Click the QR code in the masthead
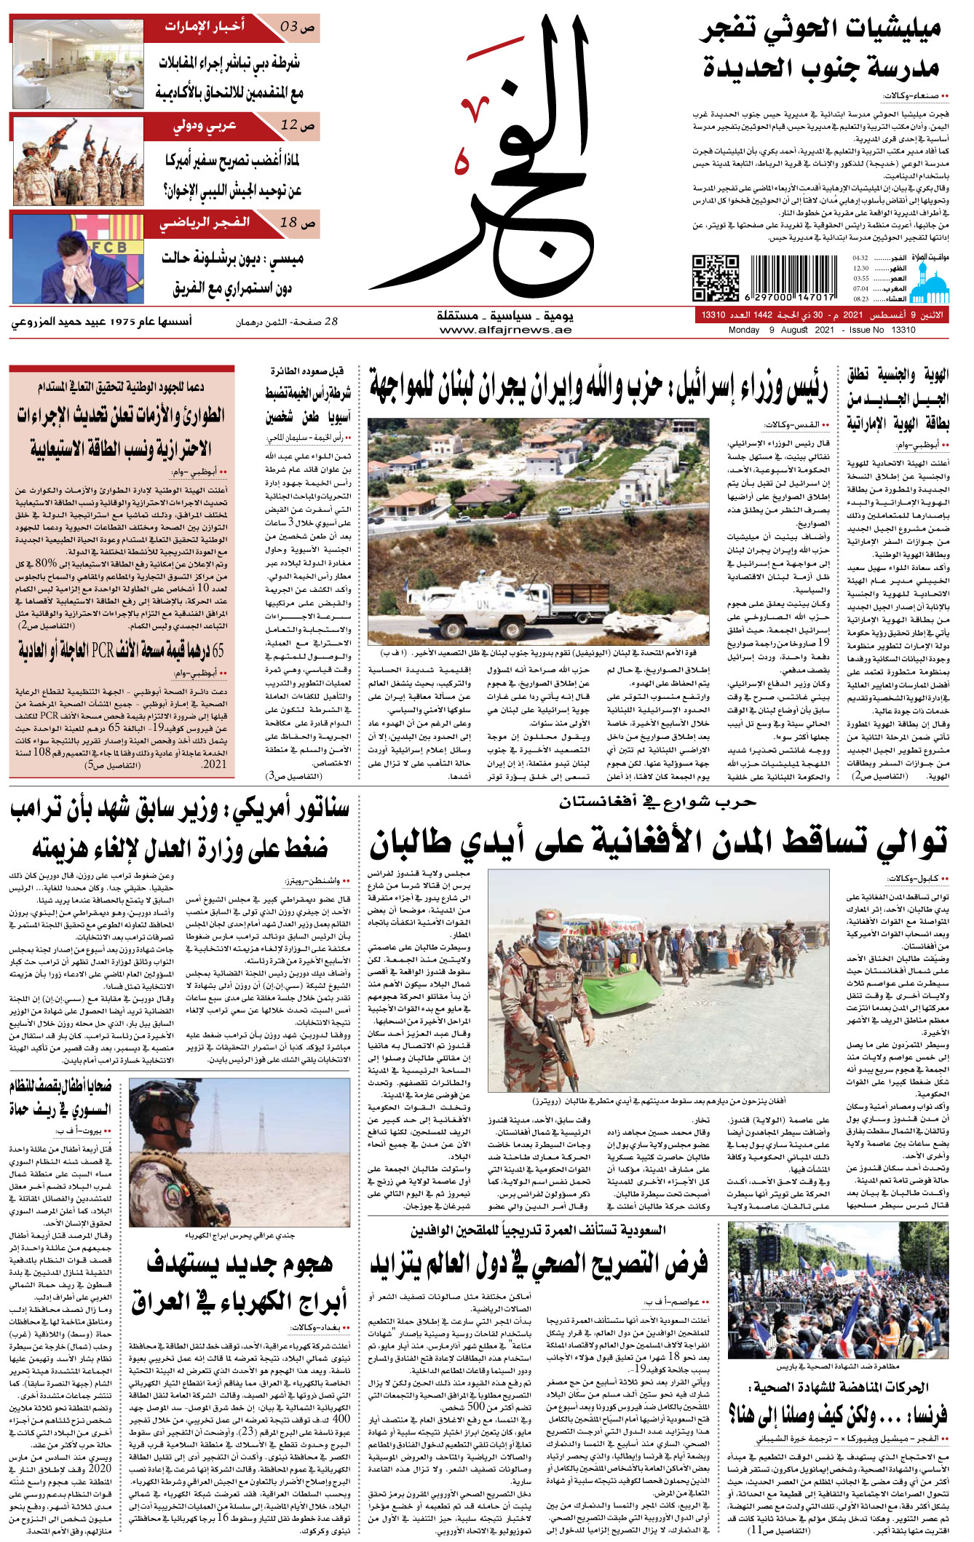pos(715,277)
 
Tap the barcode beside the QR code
pos(791,277)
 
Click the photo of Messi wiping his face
pos(78,258)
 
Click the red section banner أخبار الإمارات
pos(205,28)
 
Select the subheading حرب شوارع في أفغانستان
pos(657,802)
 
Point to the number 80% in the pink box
pos(46,564)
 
